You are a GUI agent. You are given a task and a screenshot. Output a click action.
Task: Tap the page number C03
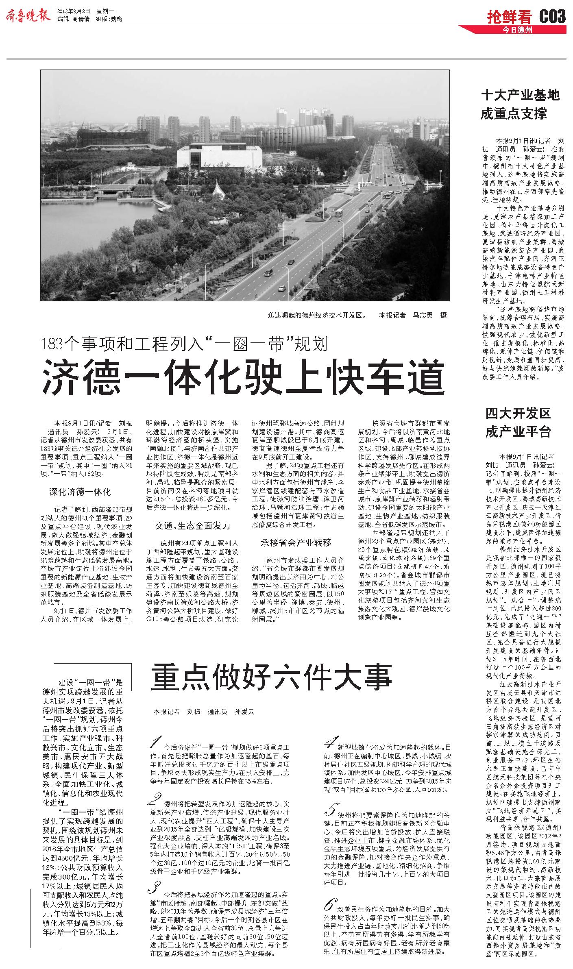click(x=552, y=17)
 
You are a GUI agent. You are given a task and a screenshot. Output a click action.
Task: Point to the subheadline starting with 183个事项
click(x=185, y=345)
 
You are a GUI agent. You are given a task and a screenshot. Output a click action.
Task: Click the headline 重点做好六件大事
click(x=271, y=677)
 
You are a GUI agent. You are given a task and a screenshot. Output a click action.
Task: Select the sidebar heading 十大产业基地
click(x=520, y=95)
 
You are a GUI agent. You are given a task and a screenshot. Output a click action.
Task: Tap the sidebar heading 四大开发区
click(x=518, y=414)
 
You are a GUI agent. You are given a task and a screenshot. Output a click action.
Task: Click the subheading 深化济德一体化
click(x=80, y=492)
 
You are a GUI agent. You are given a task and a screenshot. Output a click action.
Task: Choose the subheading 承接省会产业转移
click(x=296, y=542)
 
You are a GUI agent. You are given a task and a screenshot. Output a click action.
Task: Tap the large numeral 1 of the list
click(x=156, y=743)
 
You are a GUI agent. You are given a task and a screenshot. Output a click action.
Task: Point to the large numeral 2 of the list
click(x=155, y=800)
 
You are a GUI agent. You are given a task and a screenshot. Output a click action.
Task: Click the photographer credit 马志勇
click(x=423, y=315)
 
